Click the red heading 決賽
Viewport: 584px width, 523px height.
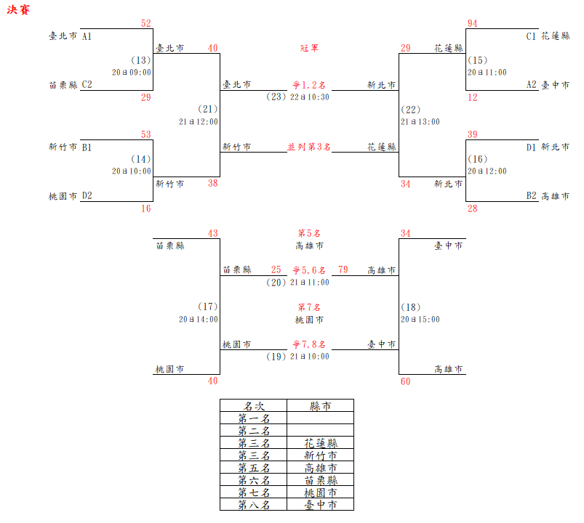[x=18, y=12]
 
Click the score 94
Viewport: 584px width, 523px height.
[x=473, y=24]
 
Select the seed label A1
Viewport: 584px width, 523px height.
[x=87, y=36]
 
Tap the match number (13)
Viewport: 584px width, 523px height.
[x=141, y=60]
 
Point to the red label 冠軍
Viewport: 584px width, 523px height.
[x=309, y=48]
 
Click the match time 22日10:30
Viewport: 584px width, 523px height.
[x=310, y=97]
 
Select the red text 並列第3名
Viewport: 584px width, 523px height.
[x=309, y=147]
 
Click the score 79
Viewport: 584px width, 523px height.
[x=343, y=270]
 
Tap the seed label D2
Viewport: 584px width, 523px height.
[x=87, y=196]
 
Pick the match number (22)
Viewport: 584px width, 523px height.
[x=411, y=110]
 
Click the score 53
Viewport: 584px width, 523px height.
[x=145, y=134]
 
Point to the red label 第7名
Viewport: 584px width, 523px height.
[x=309, y=307]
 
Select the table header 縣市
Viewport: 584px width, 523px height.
[x=320, y=406]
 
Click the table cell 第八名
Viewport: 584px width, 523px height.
[x=254, y=505]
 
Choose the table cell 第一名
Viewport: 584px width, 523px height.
[x=254, y=418]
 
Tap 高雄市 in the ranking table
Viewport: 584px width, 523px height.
[x=320, y=468]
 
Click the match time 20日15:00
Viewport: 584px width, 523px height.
[x=420, y=319]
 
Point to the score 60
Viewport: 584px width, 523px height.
[x=405, y=381]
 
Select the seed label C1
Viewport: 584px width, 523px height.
[x=532, y=36]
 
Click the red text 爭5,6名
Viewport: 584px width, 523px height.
[x=309, y=270]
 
